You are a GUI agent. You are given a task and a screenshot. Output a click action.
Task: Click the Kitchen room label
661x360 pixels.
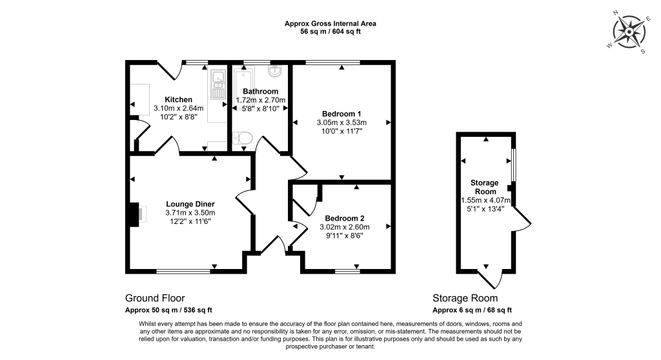[x=178, y=99]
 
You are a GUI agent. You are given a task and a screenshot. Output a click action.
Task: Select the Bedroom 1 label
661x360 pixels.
[x=341, y=114]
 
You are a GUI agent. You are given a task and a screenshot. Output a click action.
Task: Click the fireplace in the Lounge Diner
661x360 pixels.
[x=136, y=215]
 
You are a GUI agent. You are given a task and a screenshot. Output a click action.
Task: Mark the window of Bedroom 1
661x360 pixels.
[x=332, y=63]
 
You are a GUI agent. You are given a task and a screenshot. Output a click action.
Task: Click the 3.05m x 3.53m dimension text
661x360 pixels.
[x=341, y=123]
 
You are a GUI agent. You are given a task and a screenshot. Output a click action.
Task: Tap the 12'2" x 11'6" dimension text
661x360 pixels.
[x=190, y=221]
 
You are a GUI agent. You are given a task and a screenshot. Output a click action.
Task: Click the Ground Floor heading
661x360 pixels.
[x=155, y=298]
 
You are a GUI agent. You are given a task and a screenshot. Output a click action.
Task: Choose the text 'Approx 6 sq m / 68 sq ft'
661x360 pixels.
[x=473, y=310]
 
